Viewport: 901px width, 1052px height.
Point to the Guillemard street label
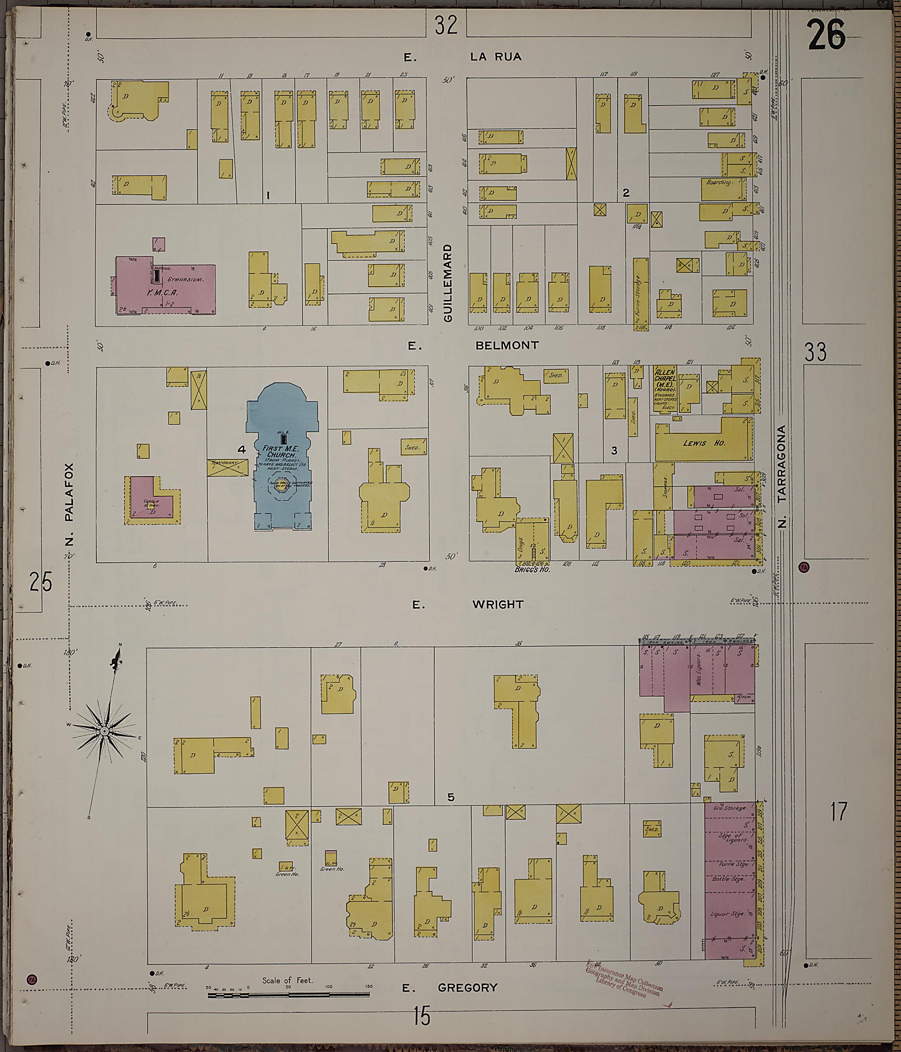447,283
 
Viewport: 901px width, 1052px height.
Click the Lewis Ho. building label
704,443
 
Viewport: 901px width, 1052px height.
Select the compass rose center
104,731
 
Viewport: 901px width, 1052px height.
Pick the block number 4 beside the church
242,449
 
